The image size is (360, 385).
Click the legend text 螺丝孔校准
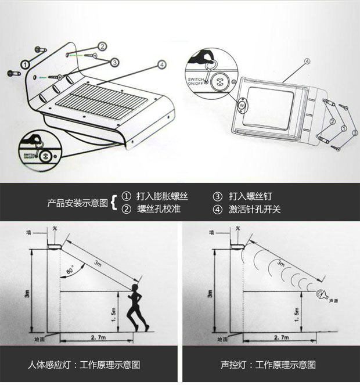click(159, 209)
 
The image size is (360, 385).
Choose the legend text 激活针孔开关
click(254, 209)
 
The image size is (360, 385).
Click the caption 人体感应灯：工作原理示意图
click(84, 365)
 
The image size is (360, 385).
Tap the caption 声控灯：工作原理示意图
click(268, 365)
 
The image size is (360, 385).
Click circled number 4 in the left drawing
click(161, 64)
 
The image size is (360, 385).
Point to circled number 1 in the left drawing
click(26, 64)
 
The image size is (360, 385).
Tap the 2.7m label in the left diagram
click(98, 336)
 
